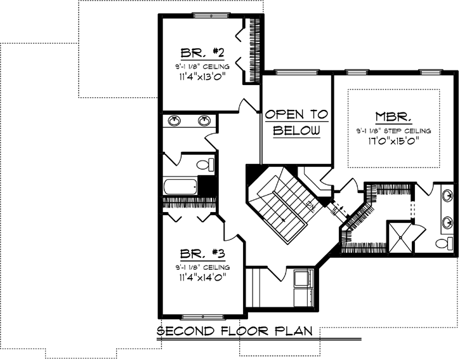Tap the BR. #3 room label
pyautogui.click(x=202, y=254)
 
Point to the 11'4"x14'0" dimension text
pyautogui.click(x=202, y=277)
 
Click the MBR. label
pyautogui.click(x=394, y=117)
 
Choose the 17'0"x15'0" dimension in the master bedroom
pyautogui.click(x=394, y=141)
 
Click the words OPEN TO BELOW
pyautogui.click(x=297, y=123)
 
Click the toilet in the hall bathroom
pyautogui.click(x=204, y=166)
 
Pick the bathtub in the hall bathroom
pyautogui.click(x=180, y=187)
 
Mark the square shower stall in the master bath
pyautogui.click(x=400, y=236)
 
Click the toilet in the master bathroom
pyautogui.click(x=444, y=243)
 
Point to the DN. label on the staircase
pyautogui.click(x=310, y=205)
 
